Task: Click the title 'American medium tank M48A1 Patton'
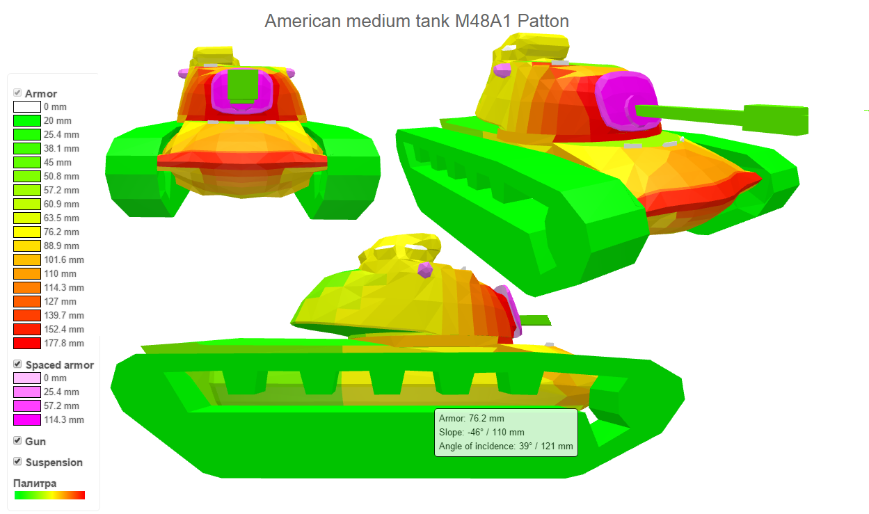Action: pyautogui.click(x=417, y=21)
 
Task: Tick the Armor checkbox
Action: pyautogui.click(x=17, y=93)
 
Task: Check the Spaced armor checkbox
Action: pyautogui.click(x=17, y=364)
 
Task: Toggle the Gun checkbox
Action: pyautogui.click(x=17, y=440)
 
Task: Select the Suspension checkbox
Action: pyautogui.click(x=17, y=461)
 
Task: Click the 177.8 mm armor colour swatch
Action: pyautogui.click(x=27, y=344)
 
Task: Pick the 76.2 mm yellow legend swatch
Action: pyautogui.click(x=27, y=232)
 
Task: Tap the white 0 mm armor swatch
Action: pyautogui.click(x=27, y=106)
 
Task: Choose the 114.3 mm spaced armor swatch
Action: pyautogui.click(x=27, y=419)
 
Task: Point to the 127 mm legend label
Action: pyautogui.click(x=60, y=301)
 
